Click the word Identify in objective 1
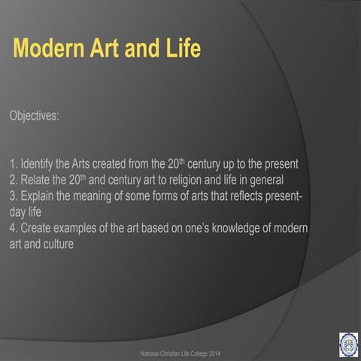point(38,164)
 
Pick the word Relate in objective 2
point(35,180)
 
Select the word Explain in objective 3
point(38,196)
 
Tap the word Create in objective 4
point(37,228)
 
